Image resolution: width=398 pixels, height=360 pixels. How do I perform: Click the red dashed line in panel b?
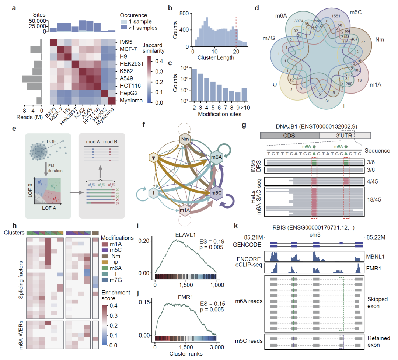(236, 34)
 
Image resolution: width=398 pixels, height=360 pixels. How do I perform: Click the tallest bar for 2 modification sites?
(194, 80)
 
